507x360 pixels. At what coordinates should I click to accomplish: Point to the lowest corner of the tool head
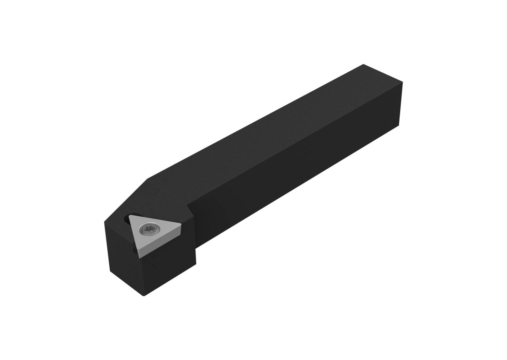tap(144, 296)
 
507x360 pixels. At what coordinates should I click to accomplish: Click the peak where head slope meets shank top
tap(148, 179)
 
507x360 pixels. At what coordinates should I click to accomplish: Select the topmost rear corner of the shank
tap(363, 64)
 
